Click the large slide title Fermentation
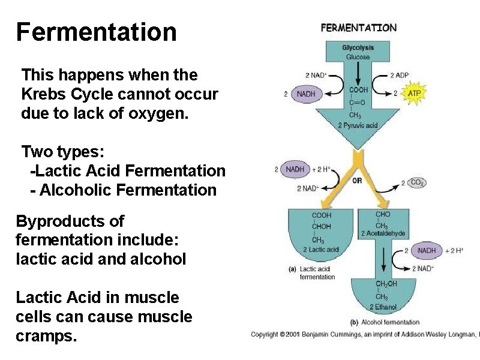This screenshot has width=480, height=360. tap(97, 32)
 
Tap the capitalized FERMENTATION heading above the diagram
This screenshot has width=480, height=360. tap(359, 28)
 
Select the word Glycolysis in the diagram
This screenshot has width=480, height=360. tap(358, 47)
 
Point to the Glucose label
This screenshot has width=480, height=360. tap(358, 56)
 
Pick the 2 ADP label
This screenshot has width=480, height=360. tap(400, 76)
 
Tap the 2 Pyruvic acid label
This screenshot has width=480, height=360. tap(358, 125)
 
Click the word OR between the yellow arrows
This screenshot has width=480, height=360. tap(357, 179)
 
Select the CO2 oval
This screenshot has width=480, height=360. tap(416, 182)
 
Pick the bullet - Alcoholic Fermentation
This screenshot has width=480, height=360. tap(123, 190)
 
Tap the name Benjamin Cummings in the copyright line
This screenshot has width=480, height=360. tap(347, 334)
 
